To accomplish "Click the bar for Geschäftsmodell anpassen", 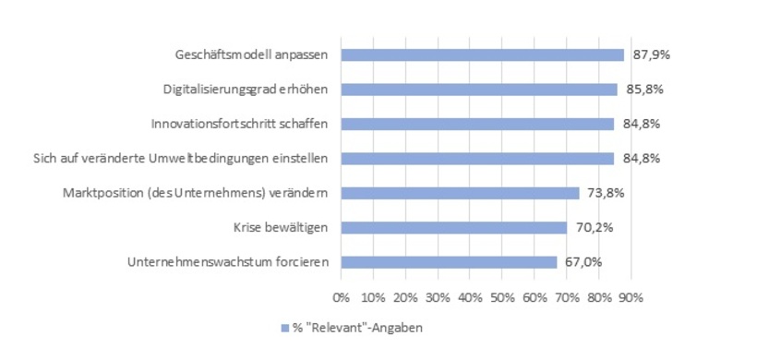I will tap(482, 54).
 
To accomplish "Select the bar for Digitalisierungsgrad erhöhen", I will tap(478, 90).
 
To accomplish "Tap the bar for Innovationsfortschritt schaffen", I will tap(476, 124).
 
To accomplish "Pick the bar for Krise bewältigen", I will tap(453, 227).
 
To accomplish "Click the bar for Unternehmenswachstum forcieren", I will tap(448, 262).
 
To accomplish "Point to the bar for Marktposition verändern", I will tap(459, 193).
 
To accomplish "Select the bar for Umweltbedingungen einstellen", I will tap(476, 159).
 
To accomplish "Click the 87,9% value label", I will tap(651, 54).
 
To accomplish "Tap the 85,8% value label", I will tap(644, 90).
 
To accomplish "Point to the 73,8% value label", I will tap(606, 193).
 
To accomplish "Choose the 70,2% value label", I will tap(594, 227).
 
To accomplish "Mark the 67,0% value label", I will tap(583, 262).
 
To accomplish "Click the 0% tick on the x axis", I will tap(341, 297).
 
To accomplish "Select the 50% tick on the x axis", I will tap(501, 297).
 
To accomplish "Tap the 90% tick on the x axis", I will tap(631, 297).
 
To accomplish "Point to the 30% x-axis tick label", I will tap(437, 297).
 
